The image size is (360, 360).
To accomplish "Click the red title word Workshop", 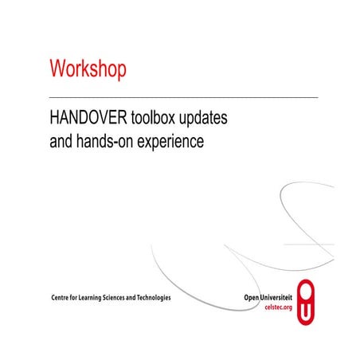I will [x=88, y=68].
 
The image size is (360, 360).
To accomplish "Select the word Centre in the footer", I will [x=61, y=298].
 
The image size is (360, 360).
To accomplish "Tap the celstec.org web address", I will [x=278, y=307].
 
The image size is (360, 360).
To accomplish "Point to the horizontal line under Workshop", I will [x=183, y=96].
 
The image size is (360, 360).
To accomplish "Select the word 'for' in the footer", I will [x=78, y=298].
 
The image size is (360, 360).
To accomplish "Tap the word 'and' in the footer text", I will [x=147, y=298].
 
